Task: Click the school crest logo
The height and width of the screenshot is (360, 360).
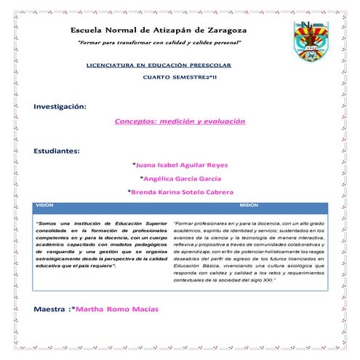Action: (315, 44)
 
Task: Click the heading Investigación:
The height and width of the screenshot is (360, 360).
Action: (60, 107)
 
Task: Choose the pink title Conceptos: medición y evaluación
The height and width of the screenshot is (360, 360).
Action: (180, 121)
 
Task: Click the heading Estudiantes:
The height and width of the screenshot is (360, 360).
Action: (57, 151)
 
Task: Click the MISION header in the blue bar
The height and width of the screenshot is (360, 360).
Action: (249, 205)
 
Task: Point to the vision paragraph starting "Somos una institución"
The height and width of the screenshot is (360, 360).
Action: (102, 244)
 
